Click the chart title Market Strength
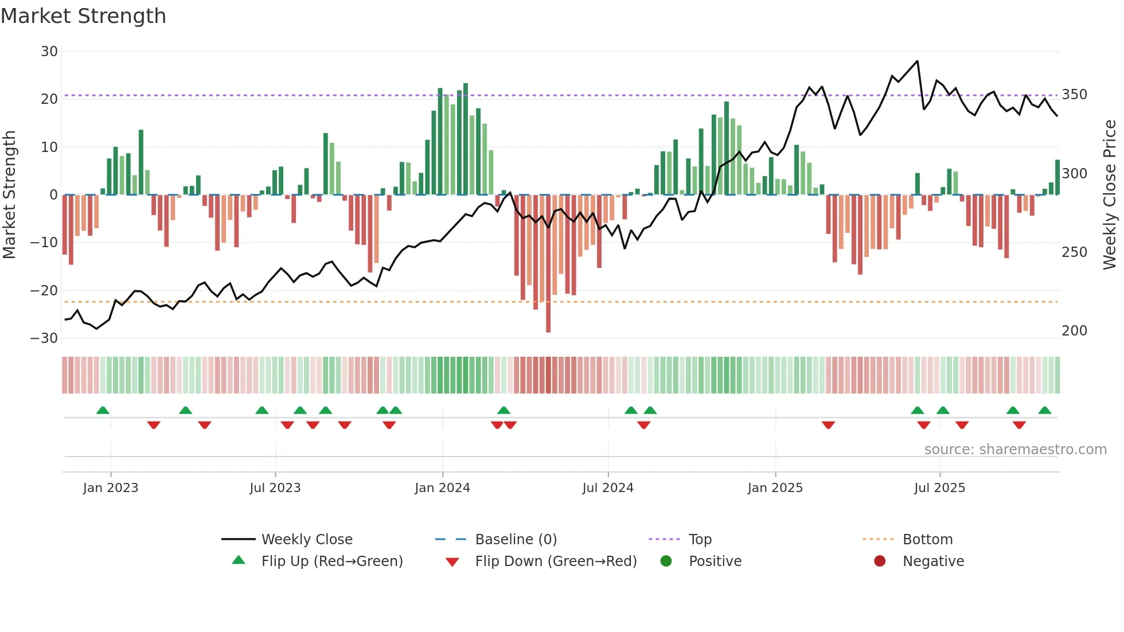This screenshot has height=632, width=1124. pos(83,16)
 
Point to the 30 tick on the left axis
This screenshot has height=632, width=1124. pos(49,52)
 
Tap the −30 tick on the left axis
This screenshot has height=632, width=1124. pos(44,338)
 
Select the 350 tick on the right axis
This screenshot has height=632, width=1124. pos(1074,95)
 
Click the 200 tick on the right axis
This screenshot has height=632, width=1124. pos(1074,331)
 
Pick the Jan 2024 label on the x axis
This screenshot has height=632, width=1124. pos(442,488)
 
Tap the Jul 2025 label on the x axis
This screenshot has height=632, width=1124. pos(939,488)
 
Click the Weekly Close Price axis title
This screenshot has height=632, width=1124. pos(1110,195)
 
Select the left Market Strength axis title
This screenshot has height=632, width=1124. pos(10,195)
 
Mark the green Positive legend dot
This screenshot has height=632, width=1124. pos(666,561)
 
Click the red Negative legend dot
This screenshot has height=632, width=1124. pos(880,561)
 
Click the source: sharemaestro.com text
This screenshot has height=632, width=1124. pos(1015,450)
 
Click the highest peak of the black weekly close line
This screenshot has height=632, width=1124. pos(917,61)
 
